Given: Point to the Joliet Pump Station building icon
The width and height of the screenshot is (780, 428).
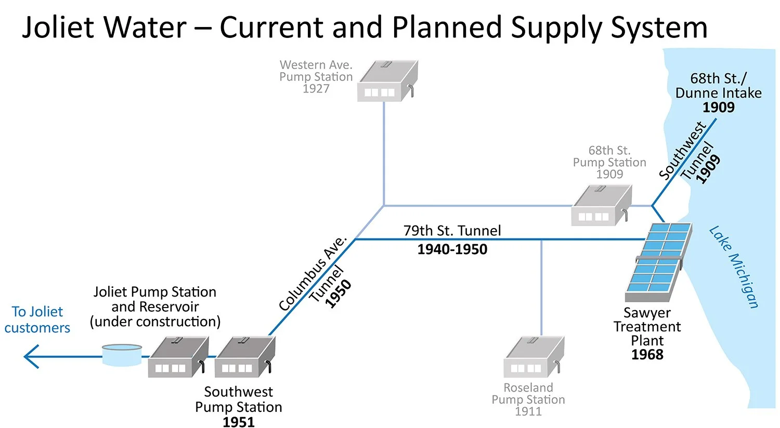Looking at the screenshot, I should click(x=178, y=357).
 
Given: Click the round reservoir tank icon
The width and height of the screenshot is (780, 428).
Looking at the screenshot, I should click(x=122, y=354).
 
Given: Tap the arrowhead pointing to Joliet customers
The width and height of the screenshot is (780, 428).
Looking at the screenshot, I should click(x=31, y=356).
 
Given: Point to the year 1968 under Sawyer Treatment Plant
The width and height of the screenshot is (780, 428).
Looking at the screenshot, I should click(x=647, y=355).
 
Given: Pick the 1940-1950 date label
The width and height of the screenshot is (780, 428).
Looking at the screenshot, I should click(x=452, y=249).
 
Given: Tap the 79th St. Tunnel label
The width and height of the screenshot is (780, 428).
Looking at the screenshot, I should click(x=452, y=231).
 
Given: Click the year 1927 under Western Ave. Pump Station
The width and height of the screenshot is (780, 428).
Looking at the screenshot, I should click(x=316, y=89).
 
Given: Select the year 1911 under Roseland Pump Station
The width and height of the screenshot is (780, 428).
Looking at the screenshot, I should click(x=528, y=411).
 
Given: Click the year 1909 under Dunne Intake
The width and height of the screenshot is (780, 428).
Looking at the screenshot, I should click(x=719, y=108).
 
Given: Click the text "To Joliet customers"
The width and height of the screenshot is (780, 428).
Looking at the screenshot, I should click(x=37, y=319).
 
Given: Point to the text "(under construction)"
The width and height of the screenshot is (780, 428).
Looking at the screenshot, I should click(x=155, y=322).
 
